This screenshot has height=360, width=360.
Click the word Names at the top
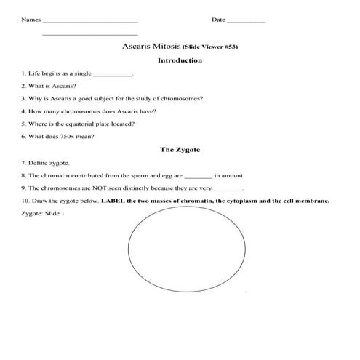(31, 20)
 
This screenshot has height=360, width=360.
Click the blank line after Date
(247, 21)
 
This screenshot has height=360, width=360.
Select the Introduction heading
(179, 60)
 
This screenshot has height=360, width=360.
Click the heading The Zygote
(180, 150)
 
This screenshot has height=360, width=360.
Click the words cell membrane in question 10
(305, 200)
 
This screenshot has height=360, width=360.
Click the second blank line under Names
(90, 34)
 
